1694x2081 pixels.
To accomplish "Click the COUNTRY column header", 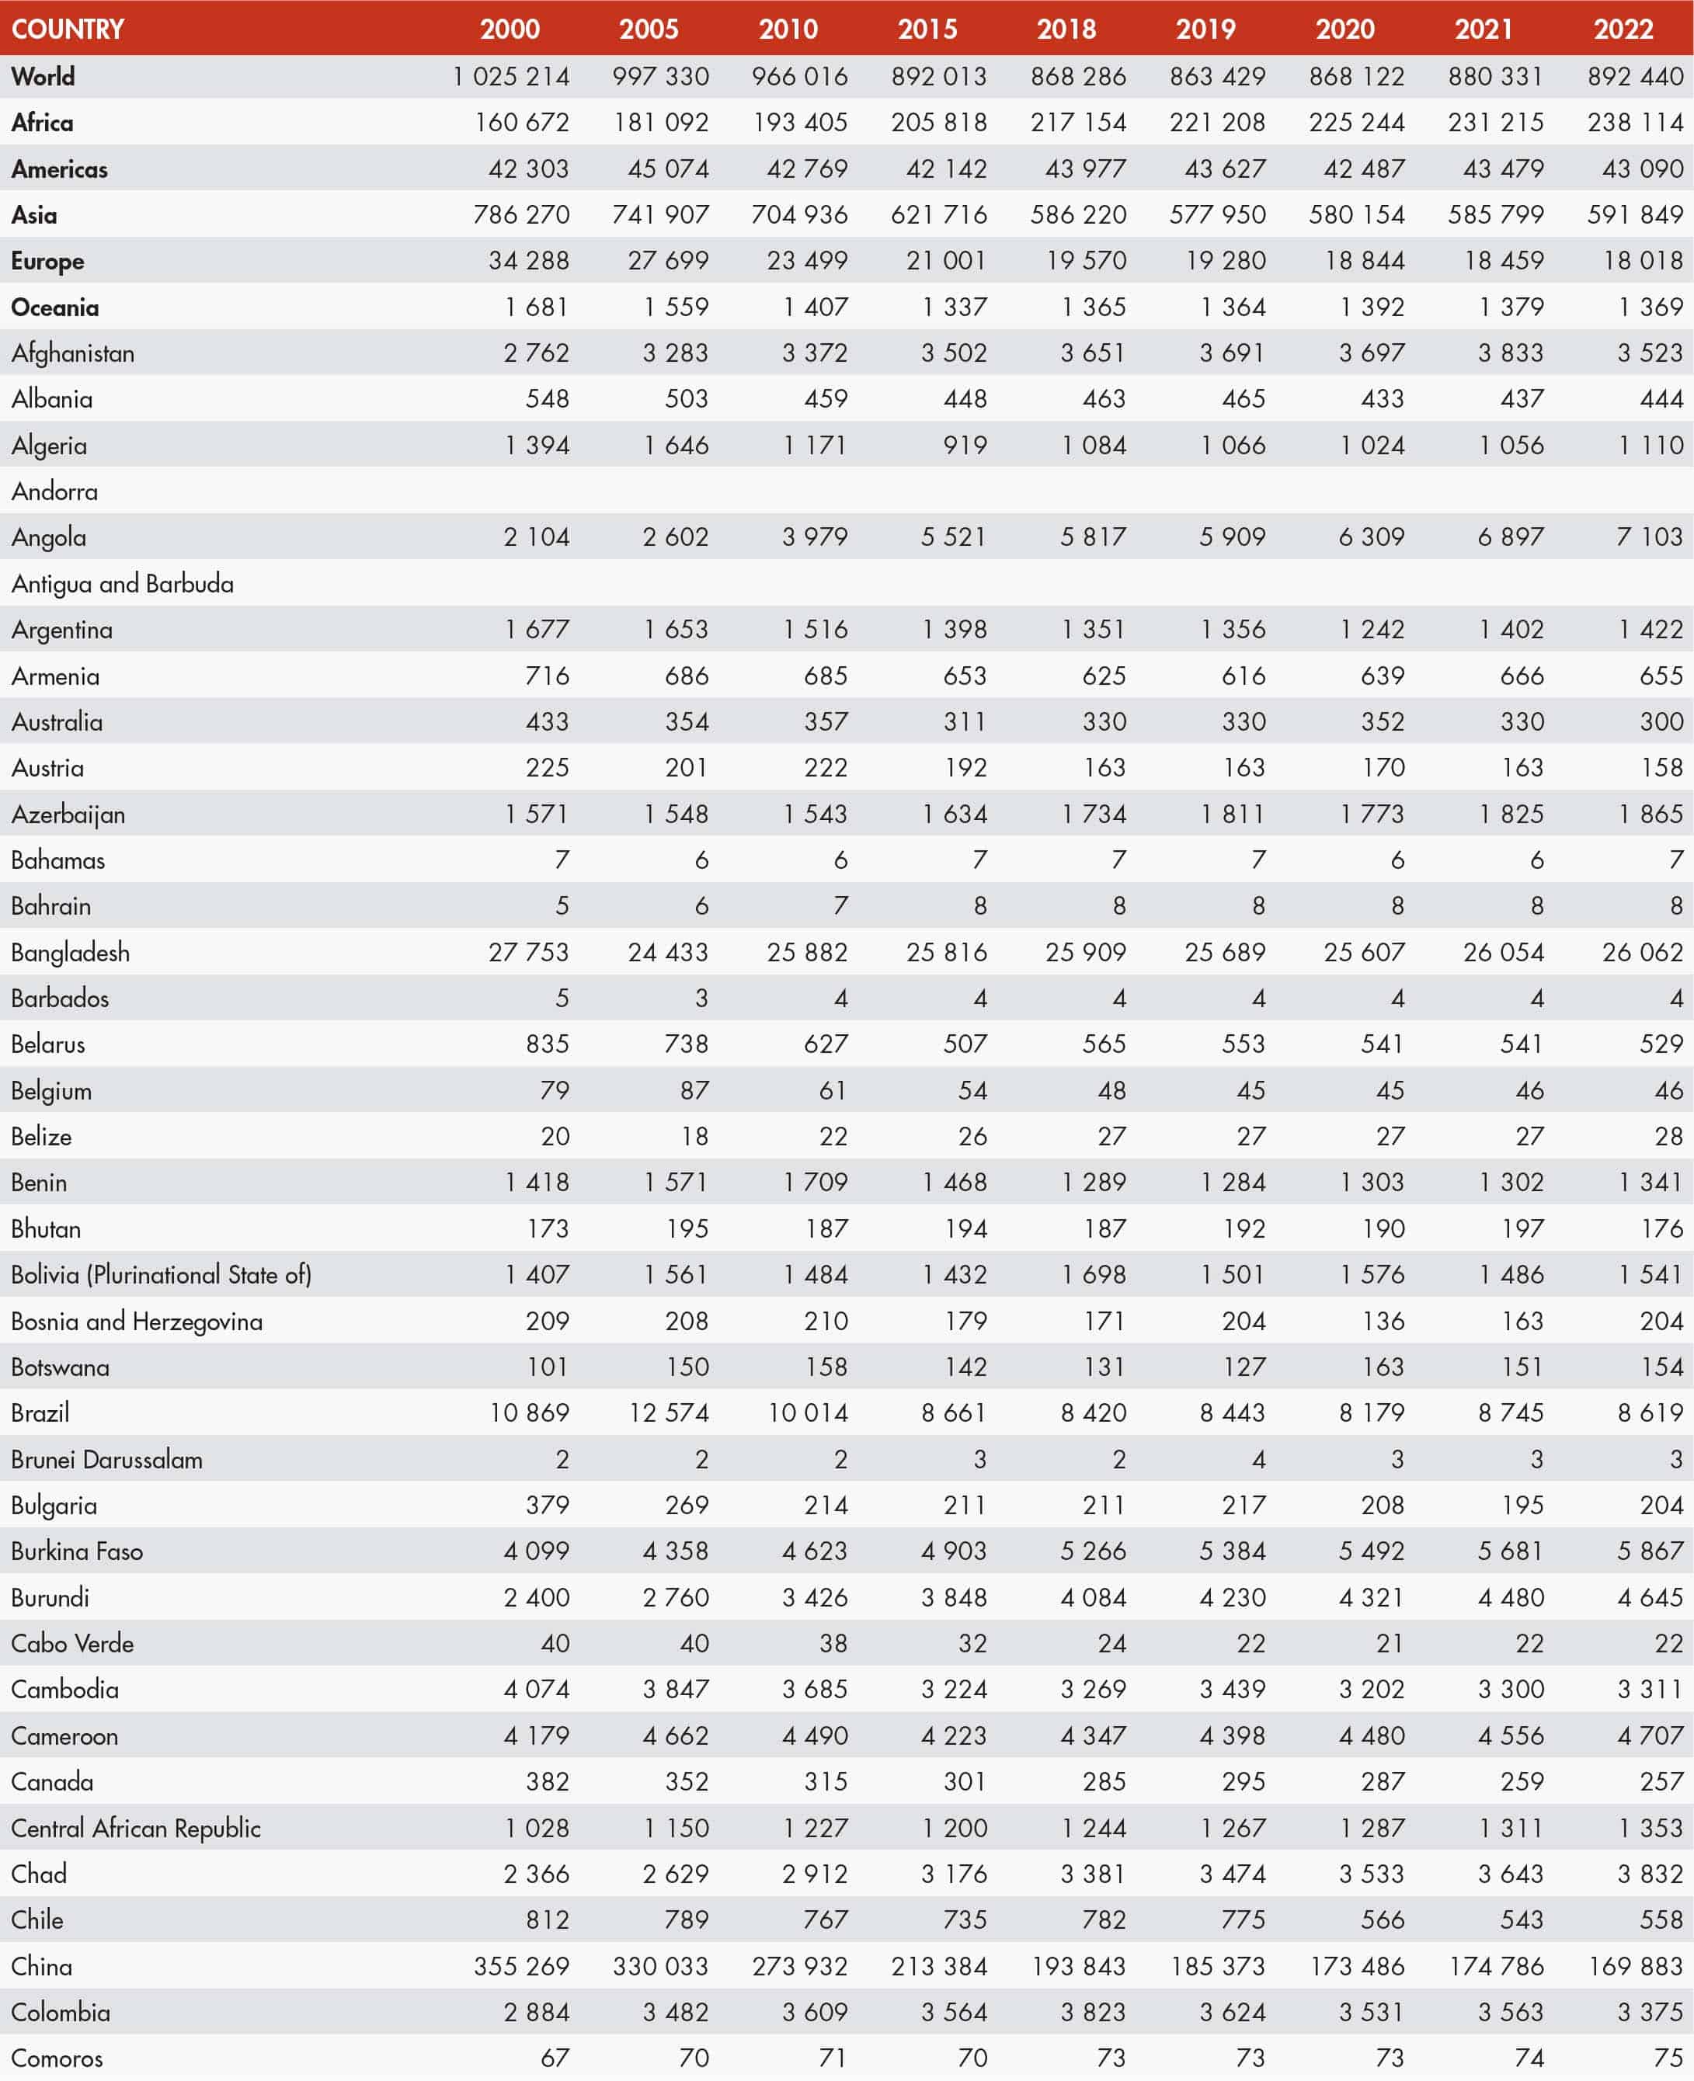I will click(x=68, y=28).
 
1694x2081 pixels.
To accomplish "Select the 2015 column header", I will click(x=927, y=28).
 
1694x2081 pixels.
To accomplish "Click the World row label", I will click(x=43, y=76).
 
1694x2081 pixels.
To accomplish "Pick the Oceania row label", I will click(x=54, y=307).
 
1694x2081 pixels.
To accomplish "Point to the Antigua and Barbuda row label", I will click(x=122, y=583).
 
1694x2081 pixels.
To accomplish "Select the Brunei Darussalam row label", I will click(x=106, y=1460).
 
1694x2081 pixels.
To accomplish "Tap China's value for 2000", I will click(x=521, y=1967).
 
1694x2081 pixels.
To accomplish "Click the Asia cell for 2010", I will click(x=799, y=214).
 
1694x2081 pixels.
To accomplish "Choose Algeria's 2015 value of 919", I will click(x=965, y=446).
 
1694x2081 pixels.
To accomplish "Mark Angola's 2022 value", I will click(x=1649, y=537).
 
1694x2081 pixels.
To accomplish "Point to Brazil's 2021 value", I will click(x=1511, y=1412).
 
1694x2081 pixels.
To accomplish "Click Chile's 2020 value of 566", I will click(x=1383, y=1920).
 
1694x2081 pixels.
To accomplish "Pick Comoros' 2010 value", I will click(x=833, y=2058).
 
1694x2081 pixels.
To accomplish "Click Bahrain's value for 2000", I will click(x=562, y=906).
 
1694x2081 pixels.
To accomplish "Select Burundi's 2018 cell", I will click(x=1093, y=1598).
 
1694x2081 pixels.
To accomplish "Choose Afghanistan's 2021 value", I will click(x=1511, y=353).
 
